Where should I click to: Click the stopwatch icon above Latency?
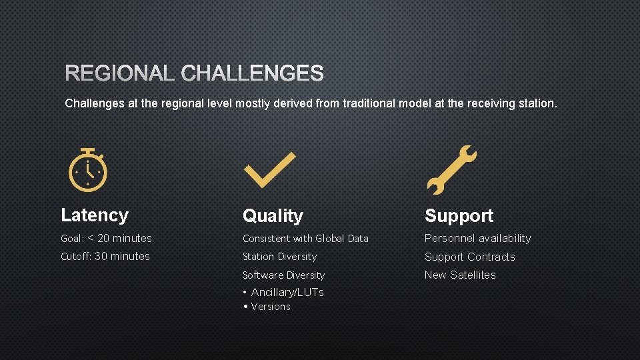88,168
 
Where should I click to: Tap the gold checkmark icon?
269,170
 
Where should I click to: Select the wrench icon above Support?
451,170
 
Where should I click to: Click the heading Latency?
95,215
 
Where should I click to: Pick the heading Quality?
273,216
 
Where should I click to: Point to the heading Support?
459,216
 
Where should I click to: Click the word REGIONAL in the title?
120,73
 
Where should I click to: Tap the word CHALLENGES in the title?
252,73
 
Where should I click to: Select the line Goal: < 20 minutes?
106,238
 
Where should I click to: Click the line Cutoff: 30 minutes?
105,256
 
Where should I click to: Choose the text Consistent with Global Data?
305,238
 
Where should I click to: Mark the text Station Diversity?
279,257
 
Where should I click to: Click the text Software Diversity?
283,275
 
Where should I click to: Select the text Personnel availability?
477,238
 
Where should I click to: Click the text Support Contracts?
469,257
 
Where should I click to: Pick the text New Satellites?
460,275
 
